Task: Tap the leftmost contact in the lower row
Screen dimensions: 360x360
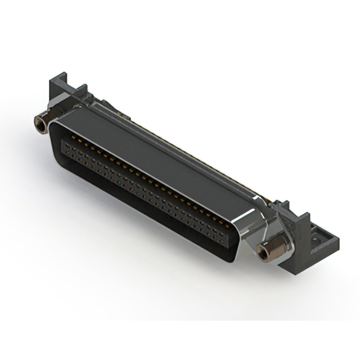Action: [x=64, y=147]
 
